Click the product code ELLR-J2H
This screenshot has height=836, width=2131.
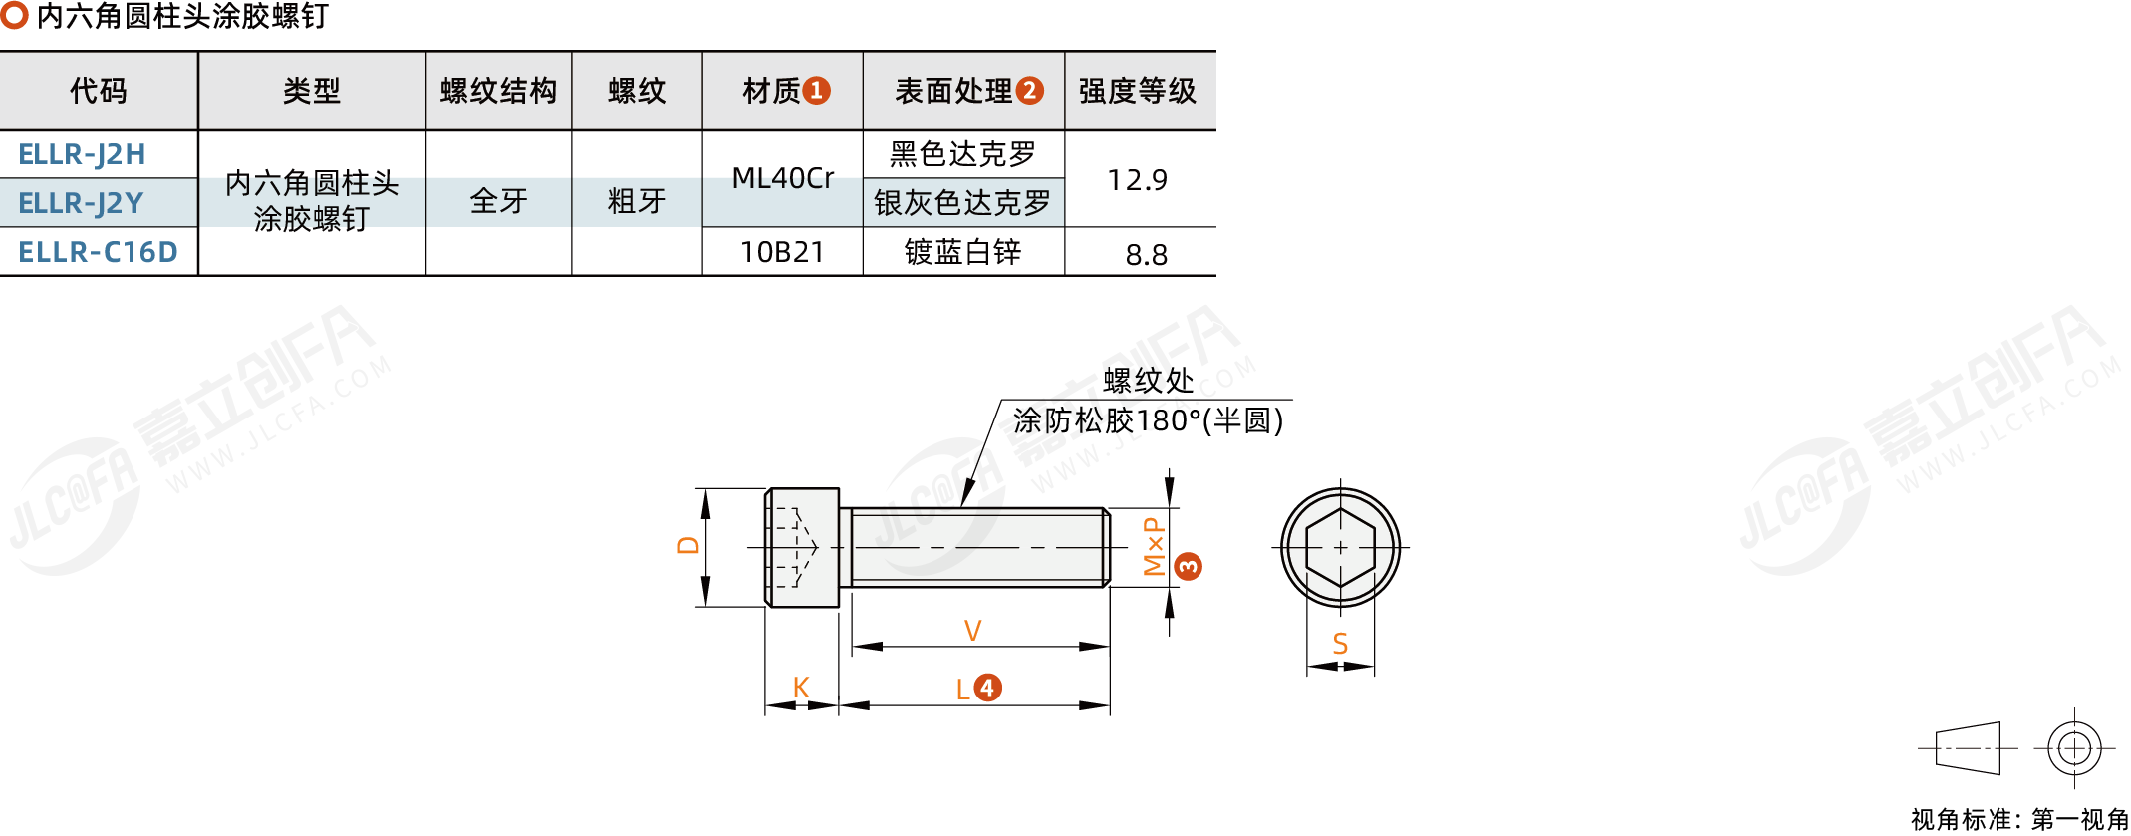[x=82, y=155]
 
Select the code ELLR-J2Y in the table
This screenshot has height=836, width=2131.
[x=81, y=203]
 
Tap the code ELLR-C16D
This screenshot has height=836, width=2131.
[x=98, y=252]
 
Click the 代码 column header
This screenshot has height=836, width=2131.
[x=98, y=91]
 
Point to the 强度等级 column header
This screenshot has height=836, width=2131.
[x=1137, y=91]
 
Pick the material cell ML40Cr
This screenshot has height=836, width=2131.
[x=782, y=179]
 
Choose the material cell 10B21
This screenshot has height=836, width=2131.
[x=782, y=252]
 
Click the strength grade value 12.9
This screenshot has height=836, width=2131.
[x=1137, y=180]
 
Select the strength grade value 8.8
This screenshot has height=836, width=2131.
[x=1146, y=255]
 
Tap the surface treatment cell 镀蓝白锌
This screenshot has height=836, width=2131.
[x=962, y=252]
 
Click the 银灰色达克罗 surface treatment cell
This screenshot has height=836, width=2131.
[x=962, y=203]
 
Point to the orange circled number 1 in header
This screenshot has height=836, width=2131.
[x=817, y=91]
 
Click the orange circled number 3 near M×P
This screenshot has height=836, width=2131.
[x=1188, y=567]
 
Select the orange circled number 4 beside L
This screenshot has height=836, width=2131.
[x=987, y=688]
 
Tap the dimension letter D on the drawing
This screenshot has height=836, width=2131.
[x=688, y=545]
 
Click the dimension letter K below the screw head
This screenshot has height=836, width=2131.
[x=801, y=688]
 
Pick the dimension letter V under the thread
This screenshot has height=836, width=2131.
[x=972, y=631]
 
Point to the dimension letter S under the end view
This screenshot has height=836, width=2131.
[x=1340, y=645]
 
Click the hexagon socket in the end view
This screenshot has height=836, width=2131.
[x=1340, y=547]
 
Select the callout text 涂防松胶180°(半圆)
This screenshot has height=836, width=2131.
[x=1148, y=420]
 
